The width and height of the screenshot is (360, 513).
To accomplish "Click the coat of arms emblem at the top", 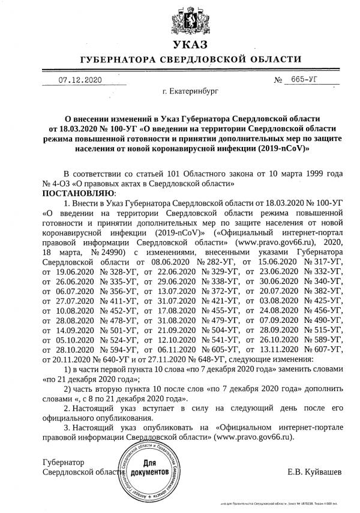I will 181,19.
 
